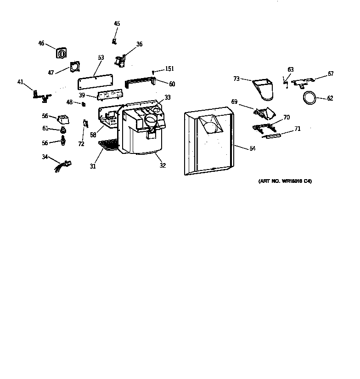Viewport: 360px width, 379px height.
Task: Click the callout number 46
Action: point(41,43)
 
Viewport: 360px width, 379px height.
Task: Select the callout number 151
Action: point(169,69)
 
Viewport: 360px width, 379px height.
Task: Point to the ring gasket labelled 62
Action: point(309,97)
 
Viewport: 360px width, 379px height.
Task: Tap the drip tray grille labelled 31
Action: point(108,146)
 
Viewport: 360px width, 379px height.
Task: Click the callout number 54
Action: point(252,148)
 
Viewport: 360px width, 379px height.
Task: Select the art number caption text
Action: point(285,181)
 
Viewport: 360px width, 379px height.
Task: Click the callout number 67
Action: point(330,74)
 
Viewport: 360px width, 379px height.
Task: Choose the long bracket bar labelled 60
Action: point(140,82)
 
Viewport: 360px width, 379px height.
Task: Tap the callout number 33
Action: point(168,97)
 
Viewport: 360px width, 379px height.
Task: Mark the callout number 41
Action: point(20,82)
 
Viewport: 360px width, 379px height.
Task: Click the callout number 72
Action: point(81,144)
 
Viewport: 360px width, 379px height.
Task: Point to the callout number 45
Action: point(117,23)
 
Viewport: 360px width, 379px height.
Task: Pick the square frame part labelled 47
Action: point(74,68)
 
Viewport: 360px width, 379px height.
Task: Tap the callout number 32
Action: point(163,165)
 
